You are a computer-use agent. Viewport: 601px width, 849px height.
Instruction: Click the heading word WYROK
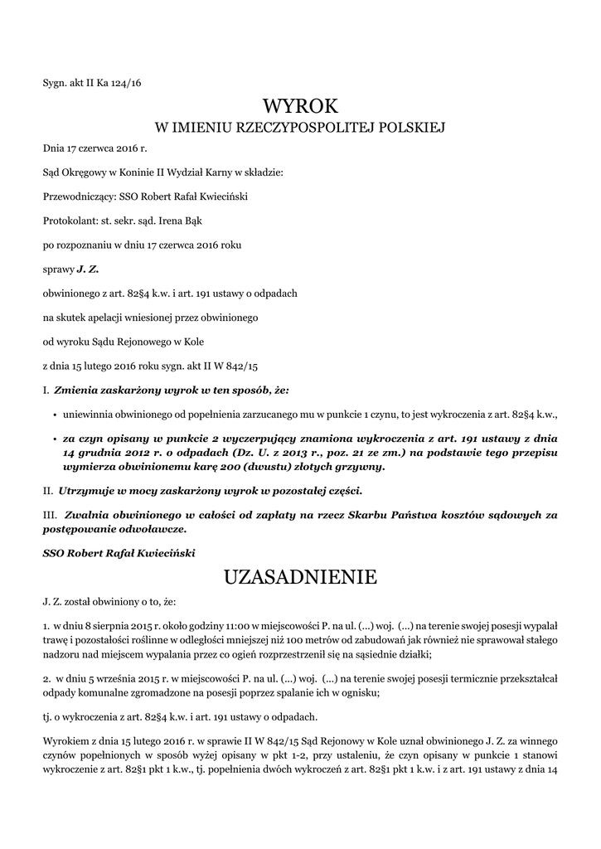click(x=300, y=106)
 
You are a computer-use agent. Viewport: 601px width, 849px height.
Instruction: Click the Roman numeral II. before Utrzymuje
click(x=47, y=491)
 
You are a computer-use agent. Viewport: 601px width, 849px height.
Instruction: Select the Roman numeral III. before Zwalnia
click(x=49, y=515)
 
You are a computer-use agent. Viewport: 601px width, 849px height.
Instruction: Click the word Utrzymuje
click(x=88, y=491)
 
